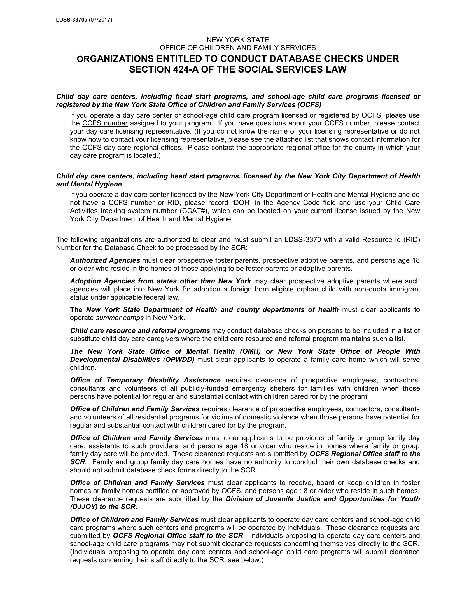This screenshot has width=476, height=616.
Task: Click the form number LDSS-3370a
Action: pos(72,20)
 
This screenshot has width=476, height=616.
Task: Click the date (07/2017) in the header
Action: pos(101,20)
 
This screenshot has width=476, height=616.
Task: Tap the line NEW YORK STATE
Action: pos(238,40)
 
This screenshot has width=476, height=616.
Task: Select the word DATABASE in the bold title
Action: pos(288,59)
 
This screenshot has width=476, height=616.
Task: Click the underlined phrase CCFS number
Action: pos(105,123)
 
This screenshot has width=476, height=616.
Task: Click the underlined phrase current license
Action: pos(333,211)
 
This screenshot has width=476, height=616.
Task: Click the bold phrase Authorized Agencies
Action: pos(105,260)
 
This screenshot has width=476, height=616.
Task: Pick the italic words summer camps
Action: pos(120,318)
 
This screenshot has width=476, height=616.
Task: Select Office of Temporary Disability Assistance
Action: pos(145,380)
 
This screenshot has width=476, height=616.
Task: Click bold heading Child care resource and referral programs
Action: pos(140,331)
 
